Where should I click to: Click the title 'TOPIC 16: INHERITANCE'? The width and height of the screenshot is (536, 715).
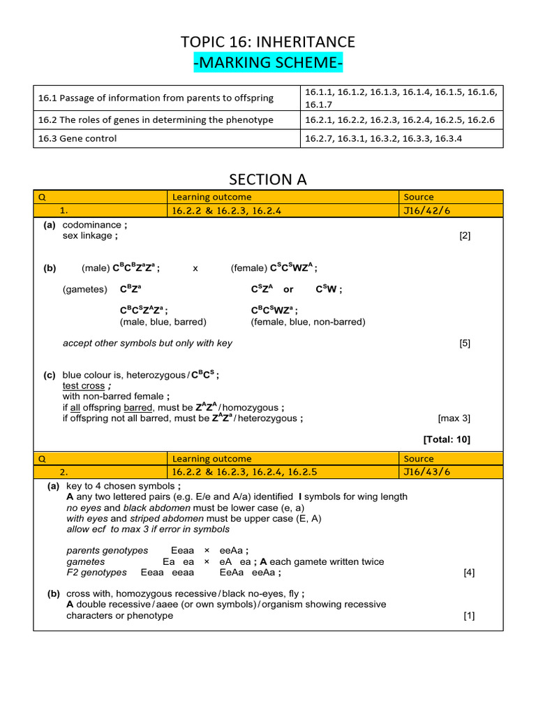tap(268, 42)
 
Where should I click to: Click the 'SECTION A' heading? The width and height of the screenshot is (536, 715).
tap(268, 179)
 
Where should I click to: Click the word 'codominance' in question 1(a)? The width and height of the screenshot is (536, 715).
tap(91, 226)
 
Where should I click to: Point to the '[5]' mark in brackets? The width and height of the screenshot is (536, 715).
tap(465, 343)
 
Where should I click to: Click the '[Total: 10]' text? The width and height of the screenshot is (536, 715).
tap(447, 439)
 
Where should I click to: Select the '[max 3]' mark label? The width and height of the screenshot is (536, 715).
tap(454, 418)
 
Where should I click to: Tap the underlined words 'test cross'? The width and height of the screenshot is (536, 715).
tap(84, 385)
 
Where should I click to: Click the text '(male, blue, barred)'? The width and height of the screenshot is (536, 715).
tap(163, 322)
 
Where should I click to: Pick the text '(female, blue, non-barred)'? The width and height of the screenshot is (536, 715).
tap(308, 322)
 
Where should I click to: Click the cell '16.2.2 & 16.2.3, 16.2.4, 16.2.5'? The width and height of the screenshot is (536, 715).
tap(244, 471)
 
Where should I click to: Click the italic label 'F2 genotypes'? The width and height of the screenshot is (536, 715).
tap(96, 572)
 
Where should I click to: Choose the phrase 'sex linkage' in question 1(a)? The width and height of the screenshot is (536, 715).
tap(87, 235)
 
